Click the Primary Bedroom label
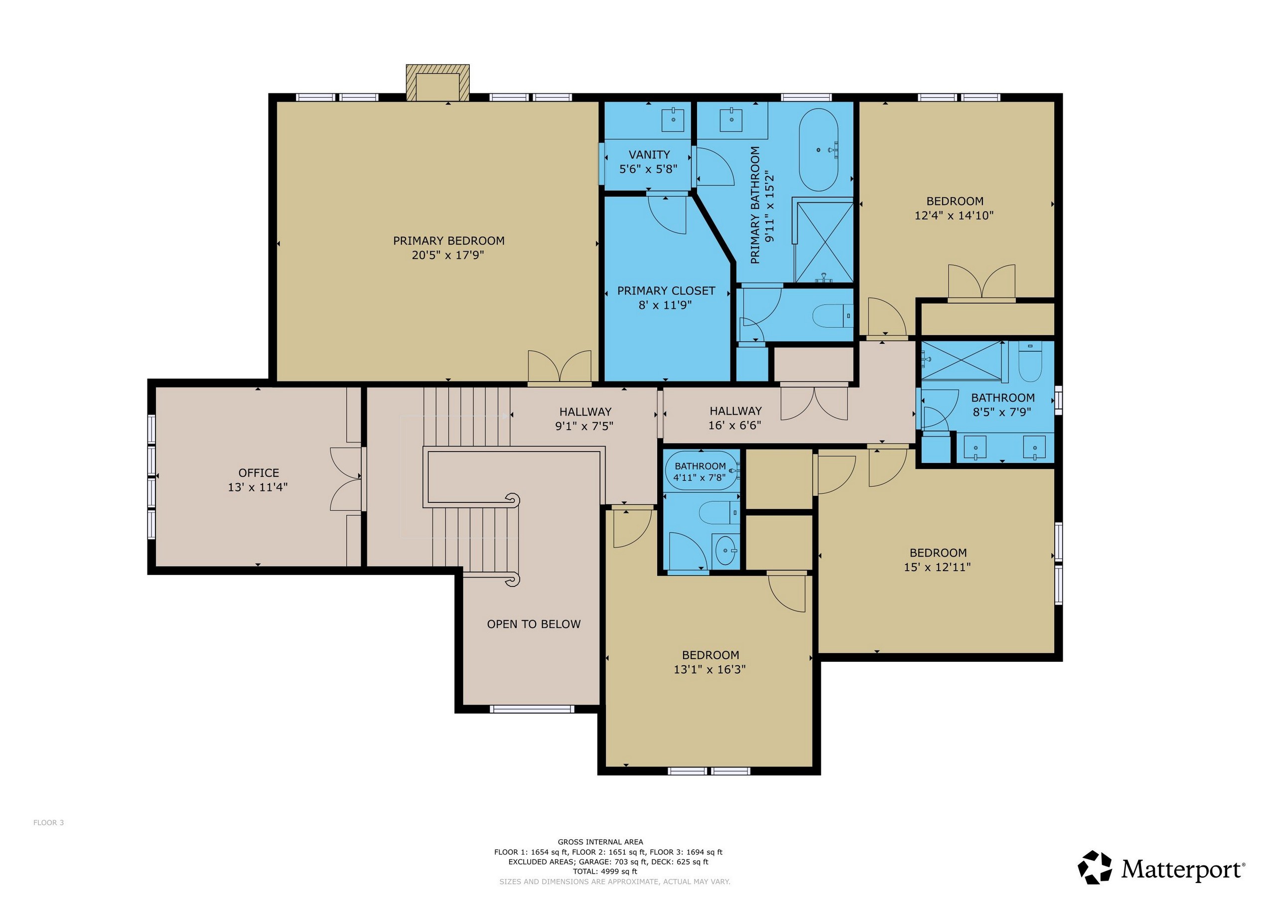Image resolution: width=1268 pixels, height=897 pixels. (x=448, y=241)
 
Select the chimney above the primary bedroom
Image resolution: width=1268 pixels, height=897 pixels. (x=437, y=83)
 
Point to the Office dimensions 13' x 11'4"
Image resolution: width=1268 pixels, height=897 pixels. (x=258, y=487)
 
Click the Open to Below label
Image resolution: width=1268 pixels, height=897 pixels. (x=534, y=624)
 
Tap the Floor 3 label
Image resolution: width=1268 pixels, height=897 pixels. (x=49, y=822)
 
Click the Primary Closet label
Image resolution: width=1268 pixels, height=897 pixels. (x=666, y=291)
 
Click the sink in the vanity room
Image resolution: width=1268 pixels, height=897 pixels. (x=673, y=119)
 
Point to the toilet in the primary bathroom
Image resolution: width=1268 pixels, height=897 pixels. (x=834, y=316)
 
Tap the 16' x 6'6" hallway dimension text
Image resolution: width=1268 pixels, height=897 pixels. (x=734, y=425)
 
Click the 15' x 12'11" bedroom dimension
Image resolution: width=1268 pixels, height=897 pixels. (x=937, y=567)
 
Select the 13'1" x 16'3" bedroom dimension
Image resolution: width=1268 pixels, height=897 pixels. (x=709, y=669)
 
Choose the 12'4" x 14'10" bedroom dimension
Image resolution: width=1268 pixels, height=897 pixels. (x=954, y=215)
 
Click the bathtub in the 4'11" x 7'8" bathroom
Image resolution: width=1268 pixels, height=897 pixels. (x=702, y=471)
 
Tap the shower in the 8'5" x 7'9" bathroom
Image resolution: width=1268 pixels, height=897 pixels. (x=962, y=361)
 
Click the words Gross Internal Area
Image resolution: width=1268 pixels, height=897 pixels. (x=600, y=842)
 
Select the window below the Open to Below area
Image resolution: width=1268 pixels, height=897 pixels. (x=532, y=709)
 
